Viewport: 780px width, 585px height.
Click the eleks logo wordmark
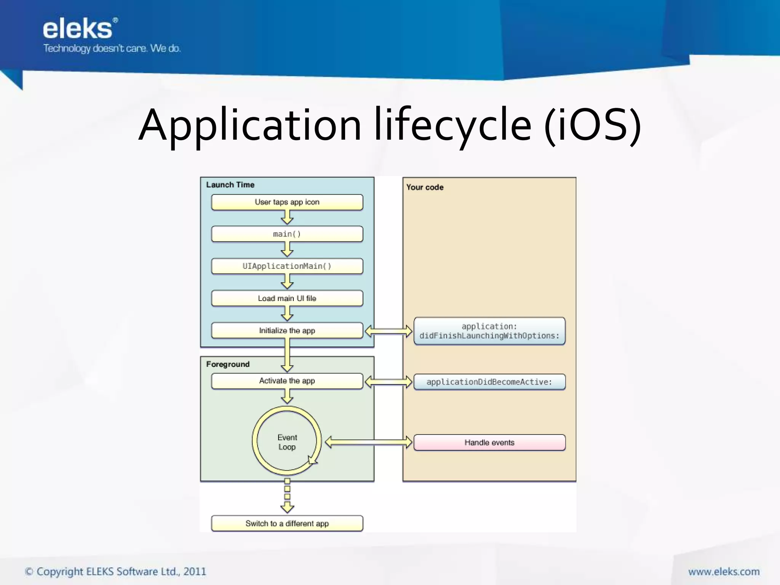point(78,29)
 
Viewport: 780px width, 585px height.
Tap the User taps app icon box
point(287,202)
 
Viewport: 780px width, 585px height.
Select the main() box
point(287,234)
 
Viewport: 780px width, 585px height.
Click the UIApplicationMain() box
point(287,266)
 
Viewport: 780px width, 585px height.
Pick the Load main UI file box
point(287,298)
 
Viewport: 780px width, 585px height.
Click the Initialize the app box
point(287,331)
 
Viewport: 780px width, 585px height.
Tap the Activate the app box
point(287,381)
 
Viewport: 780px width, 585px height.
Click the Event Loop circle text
point(287,442)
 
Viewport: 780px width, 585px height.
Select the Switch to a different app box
point(287,524)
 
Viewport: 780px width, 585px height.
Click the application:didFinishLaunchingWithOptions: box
point(489,331)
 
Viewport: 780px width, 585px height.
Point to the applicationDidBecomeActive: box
point(489,382)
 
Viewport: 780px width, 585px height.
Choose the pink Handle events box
point(489,443)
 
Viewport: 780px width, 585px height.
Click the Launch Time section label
point(230,185)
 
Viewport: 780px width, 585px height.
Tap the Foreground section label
point(228,364)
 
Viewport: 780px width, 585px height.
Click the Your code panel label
point(425,187)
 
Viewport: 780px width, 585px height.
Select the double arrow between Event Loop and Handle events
point(368,442)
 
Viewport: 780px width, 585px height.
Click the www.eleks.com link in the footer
point(724,572)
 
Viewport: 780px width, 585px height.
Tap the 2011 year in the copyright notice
point(195,572)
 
